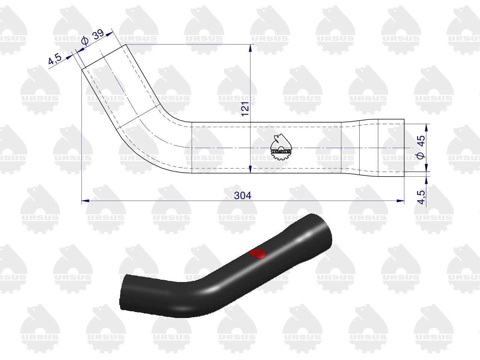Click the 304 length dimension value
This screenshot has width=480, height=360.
point(242,195)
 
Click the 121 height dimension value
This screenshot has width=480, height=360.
point(245,109)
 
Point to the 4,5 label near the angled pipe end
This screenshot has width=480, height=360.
point(55,58)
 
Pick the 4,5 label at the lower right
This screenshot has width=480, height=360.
point(421,197)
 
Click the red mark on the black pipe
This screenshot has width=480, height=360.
point(257,254)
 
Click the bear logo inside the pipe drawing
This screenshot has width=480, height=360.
point(281,147)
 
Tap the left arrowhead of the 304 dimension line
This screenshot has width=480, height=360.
point(85,200)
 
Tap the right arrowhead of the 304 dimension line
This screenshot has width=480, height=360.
point(400,200)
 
